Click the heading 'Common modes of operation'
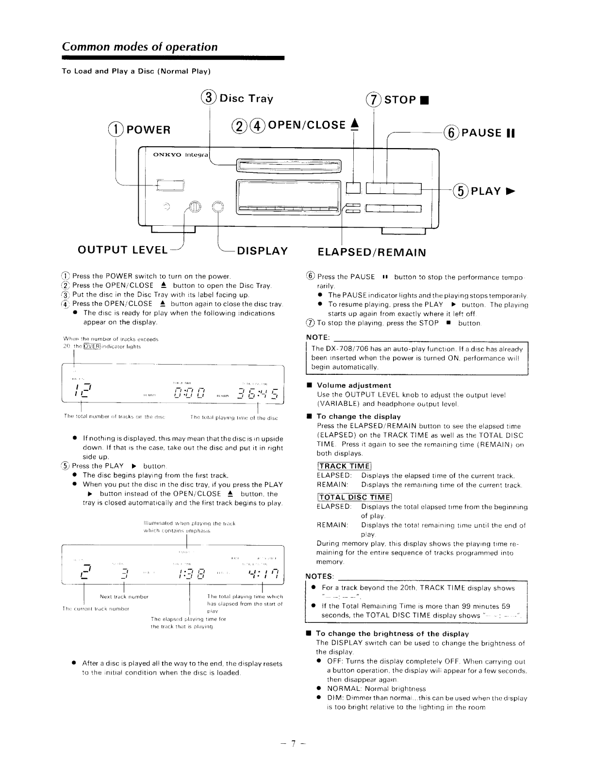[140, 47]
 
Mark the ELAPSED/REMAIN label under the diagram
[371, 252]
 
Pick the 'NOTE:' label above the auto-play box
[318, 337]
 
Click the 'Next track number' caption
[124, 597]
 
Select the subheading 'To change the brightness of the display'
[392, 634]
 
